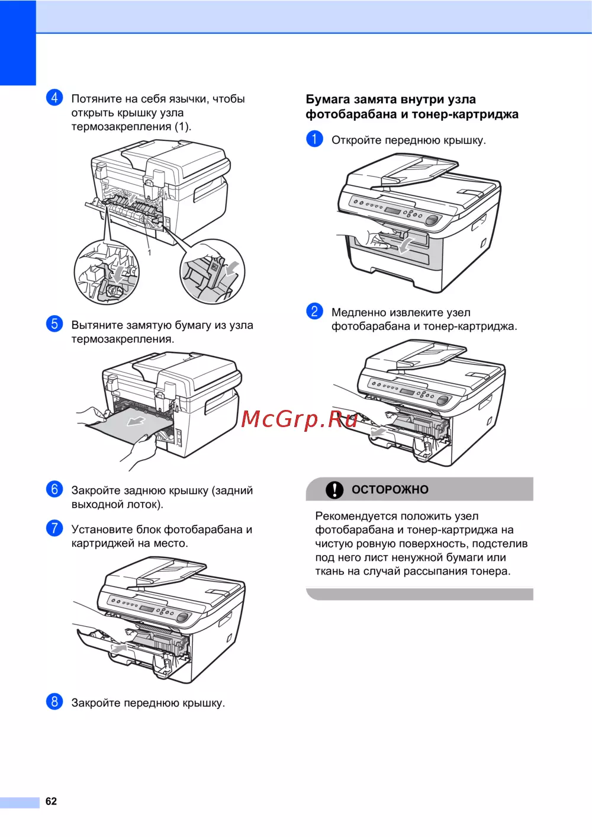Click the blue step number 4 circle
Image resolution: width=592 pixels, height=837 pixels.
pos(54,98)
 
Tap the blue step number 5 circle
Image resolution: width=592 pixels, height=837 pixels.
pos(54,324)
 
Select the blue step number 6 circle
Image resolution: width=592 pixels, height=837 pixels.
pos(54,489)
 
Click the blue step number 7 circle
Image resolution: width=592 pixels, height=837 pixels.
pos(54,528)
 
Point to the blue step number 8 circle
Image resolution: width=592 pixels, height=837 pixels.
pos(54,702)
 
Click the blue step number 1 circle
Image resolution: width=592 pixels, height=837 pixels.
pos(314,139)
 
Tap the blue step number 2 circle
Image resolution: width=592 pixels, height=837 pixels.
pos(314,311)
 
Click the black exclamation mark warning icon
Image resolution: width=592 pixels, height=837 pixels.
pos(334,489)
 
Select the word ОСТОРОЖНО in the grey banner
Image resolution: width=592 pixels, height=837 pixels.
pos(390,489)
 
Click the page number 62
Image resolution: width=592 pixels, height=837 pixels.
pos(51,801)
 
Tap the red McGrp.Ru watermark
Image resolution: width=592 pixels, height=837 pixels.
pos(299,419)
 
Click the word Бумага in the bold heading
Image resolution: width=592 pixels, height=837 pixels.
pos(328,100)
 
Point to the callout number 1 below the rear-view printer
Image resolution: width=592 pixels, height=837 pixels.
pos(149,252)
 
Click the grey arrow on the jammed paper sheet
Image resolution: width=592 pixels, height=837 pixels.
pos(136,421)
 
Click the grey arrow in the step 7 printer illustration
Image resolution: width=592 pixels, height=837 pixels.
pos(119,648)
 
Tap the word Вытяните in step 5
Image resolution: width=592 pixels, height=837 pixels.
pos(97,325)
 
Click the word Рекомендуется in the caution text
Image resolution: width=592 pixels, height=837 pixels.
pos(356,517)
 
